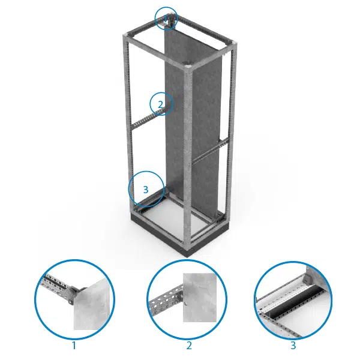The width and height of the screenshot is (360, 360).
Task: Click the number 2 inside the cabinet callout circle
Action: tap(161, 104)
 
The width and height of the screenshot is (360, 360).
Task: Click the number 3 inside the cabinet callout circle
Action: tap(146, 190)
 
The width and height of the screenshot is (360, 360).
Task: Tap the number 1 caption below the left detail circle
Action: tap(74, 346)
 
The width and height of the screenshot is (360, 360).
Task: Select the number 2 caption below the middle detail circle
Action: tap(189, 346)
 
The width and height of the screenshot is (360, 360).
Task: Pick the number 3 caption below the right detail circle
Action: tap(293, 346)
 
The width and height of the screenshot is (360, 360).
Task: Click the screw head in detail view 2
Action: tap(185, 304)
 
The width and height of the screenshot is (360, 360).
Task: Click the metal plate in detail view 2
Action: tap(200, 298)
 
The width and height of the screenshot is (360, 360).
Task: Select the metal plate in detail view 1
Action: tap(92, 305)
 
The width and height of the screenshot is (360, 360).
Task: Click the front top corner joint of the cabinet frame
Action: tap(188, 68)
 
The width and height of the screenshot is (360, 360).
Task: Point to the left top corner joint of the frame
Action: tap(127, 36)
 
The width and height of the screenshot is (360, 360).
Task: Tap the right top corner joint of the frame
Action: tap(231, 45)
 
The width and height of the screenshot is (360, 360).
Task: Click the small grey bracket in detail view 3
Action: tap(307, 277)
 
